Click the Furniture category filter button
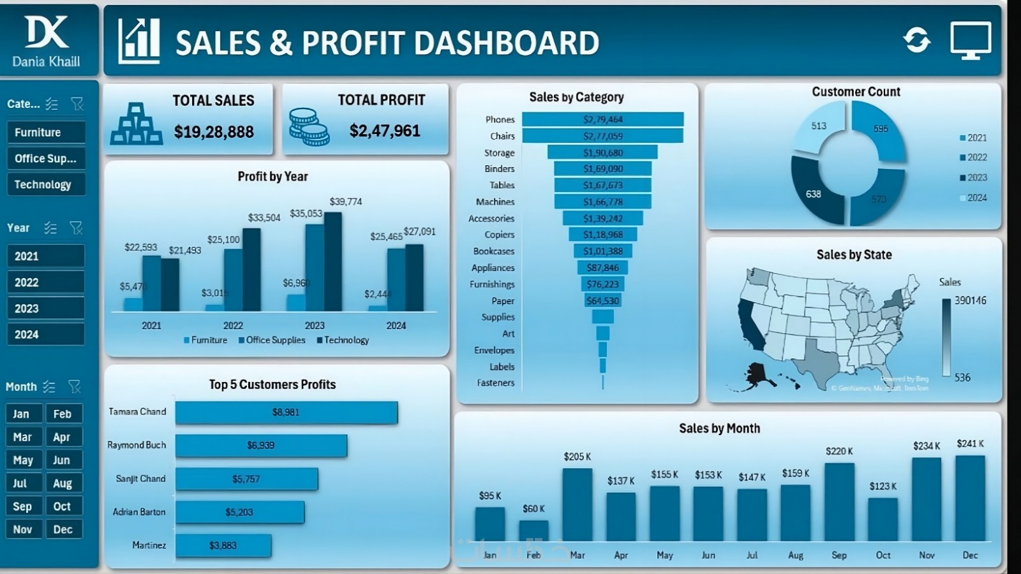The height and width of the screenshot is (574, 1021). [x=45, y=133]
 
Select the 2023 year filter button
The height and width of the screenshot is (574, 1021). [x=45, y=309]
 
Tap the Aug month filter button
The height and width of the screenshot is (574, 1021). [x=63, y=483]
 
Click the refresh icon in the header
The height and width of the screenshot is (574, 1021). [x=916, y=40]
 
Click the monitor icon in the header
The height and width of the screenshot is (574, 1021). [x=970, y=40]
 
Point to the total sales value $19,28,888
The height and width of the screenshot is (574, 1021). [x=214, y=132]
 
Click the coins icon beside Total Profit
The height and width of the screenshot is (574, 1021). [x=309, y=126]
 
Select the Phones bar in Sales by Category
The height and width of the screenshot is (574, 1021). [x=602, y=119]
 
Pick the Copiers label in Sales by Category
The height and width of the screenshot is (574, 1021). [x=499, y=235]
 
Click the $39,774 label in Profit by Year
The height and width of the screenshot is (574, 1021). [x=345, y=202]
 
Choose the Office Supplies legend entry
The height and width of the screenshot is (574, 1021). [x=272, y=340]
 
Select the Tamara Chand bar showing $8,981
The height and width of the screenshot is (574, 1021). [x=286, y=412]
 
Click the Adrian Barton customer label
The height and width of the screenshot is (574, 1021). [x=139, y=511]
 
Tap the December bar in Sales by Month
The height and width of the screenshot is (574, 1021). [x=970, y=497]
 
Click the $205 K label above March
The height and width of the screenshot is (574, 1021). [x=577, y=457]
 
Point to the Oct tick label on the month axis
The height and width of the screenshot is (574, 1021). [x=883, y=555]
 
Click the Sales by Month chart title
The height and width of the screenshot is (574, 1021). [x=719, y=429]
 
